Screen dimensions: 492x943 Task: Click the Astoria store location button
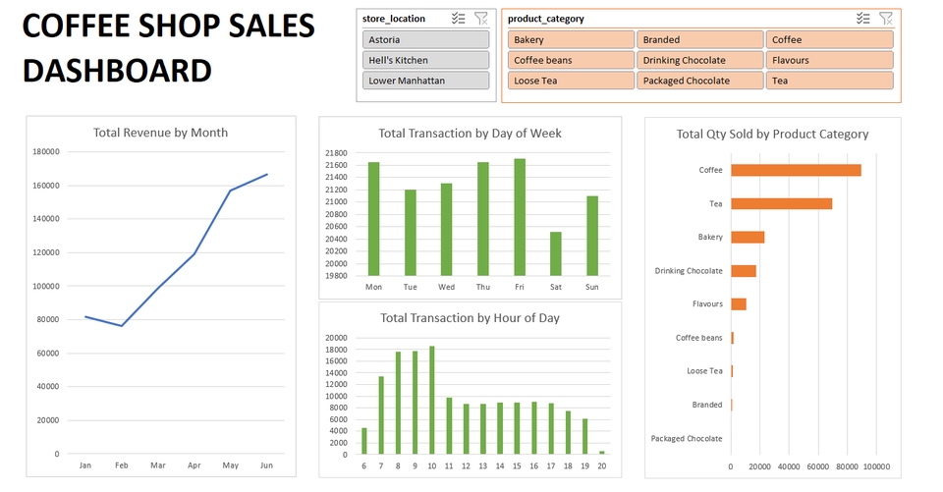tap(425, 39)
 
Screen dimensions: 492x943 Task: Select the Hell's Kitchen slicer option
tap(425, 60)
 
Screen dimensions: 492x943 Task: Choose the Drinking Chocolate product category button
tap(699, 60)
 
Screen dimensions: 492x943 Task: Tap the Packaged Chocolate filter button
tap(699, 81)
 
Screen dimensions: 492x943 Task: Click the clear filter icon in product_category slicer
tap(885, 18)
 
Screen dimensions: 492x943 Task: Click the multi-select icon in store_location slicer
tap(458, 18)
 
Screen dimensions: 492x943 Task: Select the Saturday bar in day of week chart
tap(555, 253)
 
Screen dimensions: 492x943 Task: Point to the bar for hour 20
tap(602, 453)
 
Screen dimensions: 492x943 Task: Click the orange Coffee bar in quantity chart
tap(796, 170)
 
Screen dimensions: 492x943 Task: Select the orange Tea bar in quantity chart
tap(781, 203)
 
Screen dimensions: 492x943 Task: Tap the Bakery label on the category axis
tap(710, 237)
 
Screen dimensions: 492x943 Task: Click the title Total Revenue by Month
tap(160, 133)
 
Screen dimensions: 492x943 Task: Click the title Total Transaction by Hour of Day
tap(470, 317)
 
